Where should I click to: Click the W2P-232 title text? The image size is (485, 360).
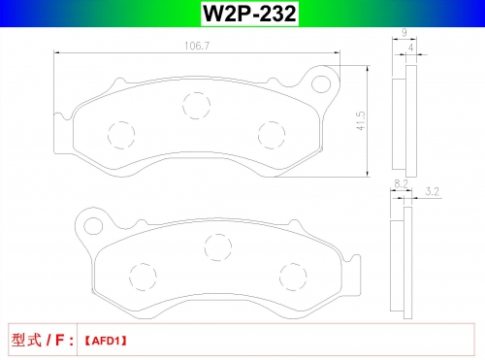pos(249,14)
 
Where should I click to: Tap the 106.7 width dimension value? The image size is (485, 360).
pos(197,46)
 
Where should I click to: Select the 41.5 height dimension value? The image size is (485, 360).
pos(361,121)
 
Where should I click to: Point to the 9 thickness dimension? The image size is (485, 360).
pos(404,32)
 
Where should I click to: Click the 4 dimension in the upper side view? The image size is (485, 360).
pos(410,48)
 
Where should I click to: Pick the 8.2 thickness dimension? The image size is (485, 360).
pos(401,183)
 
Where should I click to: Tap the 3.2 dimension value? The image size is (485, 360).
pos(433,191)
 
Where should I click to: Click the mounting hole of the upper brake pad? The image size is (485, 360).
pos(321,84)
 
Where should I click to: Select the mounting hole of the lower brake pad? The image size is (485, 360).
pos(93,226)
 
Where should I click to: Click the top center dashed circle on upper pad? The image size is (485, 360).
pos(196,106)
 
